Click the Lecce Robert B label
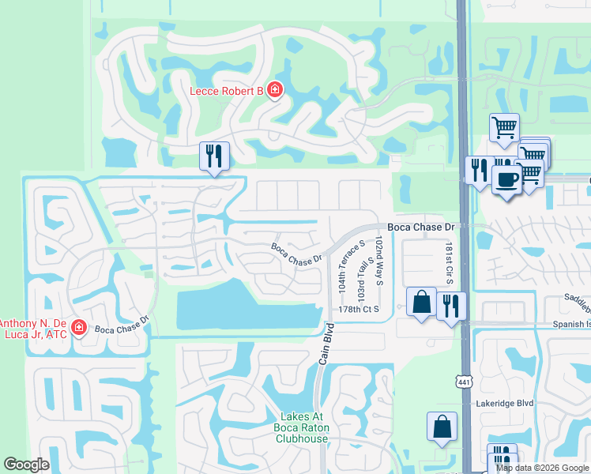[226, 91]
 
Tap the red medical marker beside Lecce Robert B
[275, 91]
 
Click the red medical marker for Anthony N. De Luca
[78, 327]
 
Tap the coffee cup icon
[506, 179]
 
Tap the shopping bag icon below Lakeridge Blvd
[442, 426]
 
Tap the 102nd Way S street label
[379, 261]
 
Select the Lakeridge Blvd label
[506, 402]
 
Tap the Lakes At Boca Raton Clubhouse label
[303, 427]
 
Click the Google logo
[26, 465]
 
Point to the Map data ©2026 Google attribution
[541, 468]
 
